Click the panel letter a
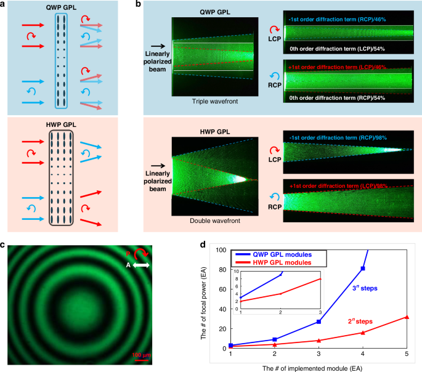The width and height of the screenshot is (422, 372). pyautogui.click(x=4, y=4)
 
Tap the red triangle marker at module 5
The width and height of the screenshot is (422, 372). pyautogui.click(x=407, y=317)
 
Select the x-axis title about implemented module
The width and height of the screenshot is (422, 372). pyautogui.click(x=319, y=368)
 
